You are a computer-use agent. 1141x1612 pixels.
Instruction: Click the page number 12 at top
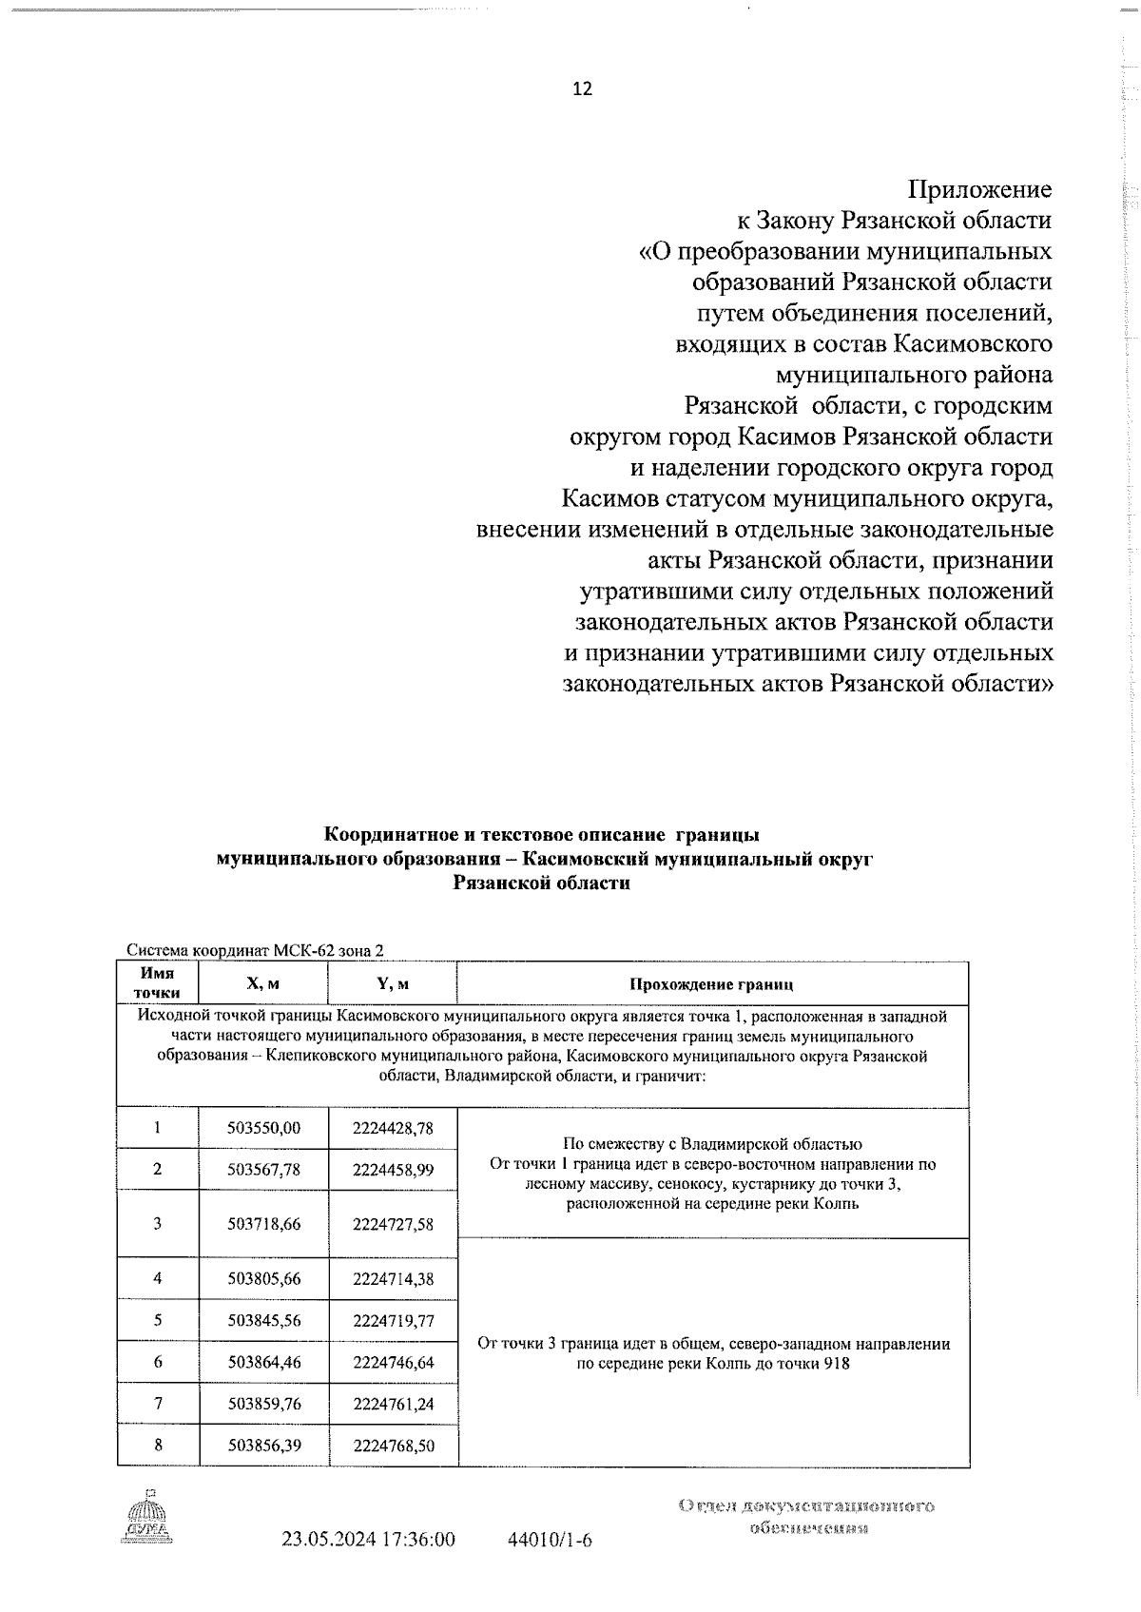(582, 88)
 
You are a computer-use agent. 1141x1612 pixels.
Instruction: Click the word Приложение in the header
(980, 189)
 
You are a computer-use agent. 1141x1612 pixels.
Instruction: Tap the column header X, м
(263, 983)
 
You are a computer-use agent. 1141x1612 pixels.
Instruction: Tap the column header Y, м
(393, 983)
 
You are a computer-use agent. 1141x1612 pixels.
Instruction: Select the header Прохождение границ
(711, 984)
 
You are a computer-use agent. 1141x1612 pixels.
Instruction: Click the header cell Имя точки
(158, 983)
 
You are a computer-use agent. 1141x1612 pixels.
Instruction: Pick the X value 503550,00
(263, 1128)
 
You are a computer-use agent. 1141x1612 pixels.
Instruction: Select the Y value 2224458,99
(393, 1170)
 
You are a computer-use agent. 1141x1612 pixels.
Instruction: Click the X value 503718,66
(263, 1224)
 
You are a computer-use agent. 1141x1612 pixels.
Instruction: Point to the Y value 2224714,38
(393, 1279)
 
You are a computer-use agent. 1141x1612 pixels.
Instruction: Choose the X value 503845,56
(263, 1320)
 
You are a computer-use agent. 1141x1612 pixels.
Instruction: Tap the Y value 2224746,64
(393, 1362)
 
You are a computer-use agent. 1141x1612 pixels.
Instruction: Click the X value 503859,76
(263, 1404)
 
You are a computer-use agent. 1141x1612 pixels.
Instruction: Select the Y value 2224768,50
(393, 1446)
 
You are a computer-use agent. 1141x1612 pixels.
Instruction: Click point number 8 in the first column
(158, 1445)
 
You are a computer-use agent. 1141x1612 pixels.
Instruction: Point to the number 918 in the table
(837, 1363)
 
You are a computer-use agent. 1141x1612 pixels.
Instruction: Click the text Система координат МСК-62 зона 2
(256, 950)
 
